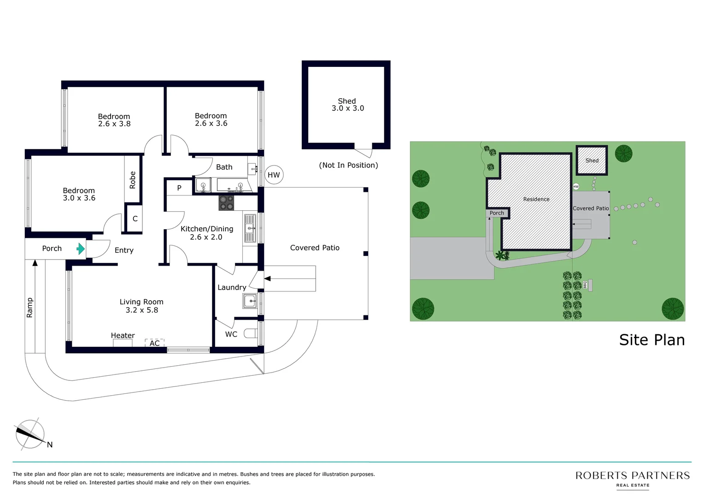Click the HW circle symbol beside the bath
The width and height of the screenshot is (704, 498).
(274, 175)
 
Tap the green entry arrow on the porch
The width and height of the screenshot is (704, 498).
(81, 249)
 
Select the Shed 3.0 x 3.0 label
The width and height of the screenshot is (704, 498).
(347, 105)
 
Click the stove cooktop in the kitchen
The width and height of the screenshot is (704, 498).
(226, 203)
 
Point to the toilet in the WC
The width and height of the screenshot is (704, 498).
(251, 333)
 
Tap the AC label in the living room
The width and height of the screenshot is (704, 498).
(155, 343)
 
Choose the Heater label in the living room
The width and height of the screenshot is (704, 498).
(123, 336)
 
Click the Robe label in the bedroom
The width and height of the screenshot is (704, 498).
(133, 180)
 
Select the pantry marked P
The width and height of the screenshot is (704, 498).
(179, 188)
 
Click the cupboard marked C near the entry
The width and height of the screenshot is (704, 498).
(135, 219)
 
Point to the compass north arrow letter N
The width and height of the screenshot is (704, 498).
(50, 445)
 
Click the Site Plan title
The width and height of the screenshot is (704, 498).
(651, 340)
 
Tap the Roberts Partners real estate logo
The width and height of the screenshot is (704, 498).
(632, 478)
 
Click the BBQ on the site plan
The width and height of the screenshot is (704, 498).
(590, 285)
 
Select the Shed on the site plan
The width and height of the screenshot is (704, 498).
(592, 160)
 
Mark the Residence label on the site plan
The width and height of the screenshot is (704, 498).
(536, 199)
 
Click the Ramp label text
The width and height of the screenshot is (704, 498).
(30, 308)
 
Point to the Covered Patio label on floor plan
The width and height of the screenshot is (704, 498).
(315, 248)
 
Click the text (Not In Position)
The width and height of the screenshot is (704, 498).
(348, 165)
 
